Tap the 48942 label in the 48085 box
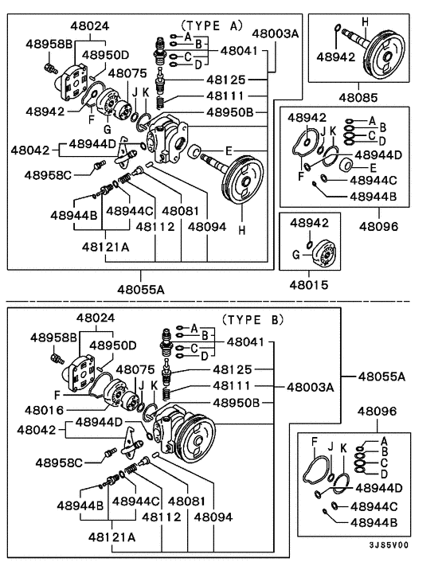pyautogui.click(x=336, y=57)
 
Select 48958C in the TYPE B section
pyautogui.click(x=59, y=462)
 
